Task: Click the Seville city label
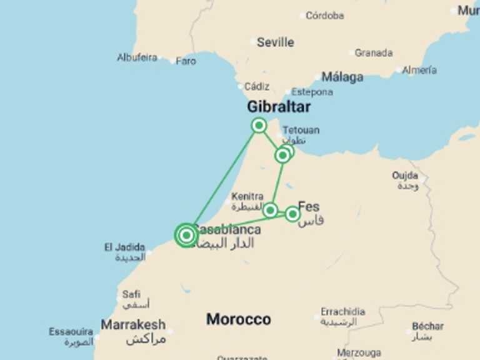275,42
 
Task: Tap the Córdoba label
324,15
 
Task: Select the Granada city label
374,53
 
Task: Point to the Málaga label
342,77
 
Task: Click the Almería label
419,70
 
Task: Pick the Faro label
186,61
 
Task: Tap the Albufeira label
137,57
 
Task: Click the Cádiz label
257,86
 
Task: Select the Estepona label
312,92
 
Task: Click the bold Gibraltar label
279,107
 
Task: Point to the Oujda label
405,176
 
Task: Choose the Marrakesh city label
133,324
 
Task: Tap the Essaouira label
71,332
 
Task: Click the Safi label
132,294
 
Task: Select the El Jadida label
125,247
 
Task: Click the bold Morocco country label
239,319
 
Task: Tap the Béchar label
428,326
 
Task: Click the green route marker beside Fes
292,214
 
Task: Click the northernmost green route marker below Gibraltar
259,126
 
